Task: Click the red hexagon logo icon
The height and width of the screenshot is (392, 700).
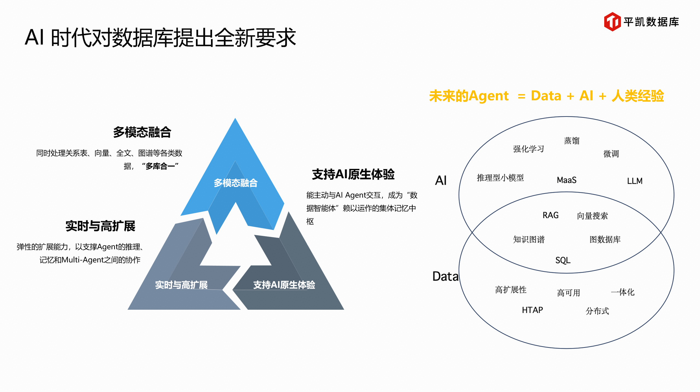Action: pyautogui.click(x=612, y=22)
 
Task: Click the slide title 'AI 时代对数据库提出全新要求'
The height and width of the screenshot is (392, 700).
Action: pyautogui.click(x=160, y=37)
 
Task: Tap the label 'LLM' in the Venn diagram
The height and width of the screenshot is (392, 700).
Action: pyautogui.click(x=635, y=181)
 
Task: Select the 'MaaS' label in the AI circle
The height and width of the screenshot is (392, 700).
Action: pyautogui.click(x=566, y=180)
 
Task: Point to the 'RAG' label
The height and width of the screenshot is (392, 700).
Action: pyautogui.click(x=550, y=215)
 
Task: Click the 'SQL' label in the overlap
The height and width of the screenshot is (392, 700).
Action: pyautogui.click(x=563, y=260)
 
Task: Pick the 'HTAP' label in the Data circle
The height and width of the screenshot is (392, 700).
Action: pyautogui.click(x=532, y=310)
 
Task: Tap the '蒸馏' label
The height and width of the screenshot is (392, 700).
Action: pyautogui.click(x=572, y=141)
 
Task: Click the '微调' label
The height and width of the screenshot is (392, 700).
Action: pyautogui.click(x=611, y=154)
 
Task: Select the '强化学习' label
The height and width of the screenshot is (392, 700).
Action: pyautogui.click(x=528, y=149)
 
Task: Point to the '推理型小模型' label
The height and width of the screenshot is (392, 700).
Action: pyautogui.click(x=500, y=178)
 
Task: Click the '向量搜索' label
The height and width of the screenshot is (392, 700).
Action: pyautogui.click(x=592, y=216)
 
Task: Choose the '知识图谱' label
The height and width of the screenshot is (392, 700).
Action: pyautogui.click(x=529, y=239)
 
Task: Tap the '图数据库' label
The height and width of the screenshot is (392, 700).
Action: pyautogui.click(x=605, y=239)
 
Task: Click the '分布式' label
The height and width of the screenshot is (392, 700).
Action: pyautogui.click(x=597, y=311)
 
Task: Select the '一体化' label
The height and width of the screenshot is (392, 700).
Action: pyautogui.click(x=623, y=292)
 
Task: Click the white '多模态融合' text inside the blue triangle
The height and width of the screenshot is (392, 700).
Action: pyautogui.click(x=236, y=183)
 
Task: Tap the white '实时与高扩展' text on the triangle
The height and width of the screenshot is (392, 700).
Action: pyautogui.click(x=181, y=285)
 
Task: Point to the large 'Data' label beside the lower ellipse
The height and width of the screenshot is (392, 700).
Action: pyautogui.click(x=445, y=276)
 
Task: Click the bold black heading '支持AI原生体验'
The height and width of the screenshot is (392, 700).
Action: pyautogui.click(x=353, y=174)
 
